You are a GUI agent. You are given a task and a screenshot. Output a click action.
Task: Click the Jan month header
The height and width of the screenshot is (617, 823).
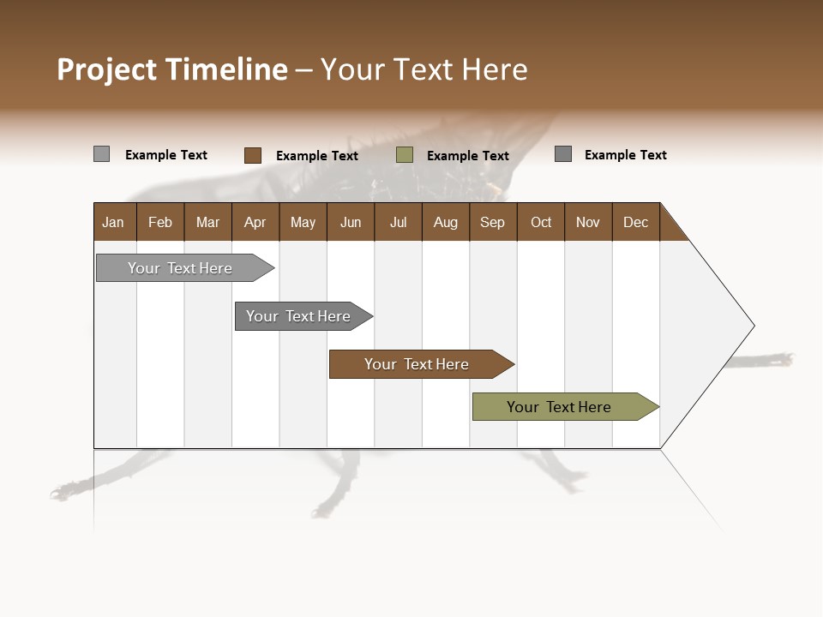point(113,222)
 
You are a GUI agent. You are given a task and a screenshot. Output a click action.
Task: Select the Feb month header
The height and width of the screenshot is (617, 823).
point(160,222)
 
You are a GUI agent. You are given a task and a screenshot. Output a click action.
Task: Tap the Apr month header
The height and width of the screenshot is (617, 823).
point(255,222)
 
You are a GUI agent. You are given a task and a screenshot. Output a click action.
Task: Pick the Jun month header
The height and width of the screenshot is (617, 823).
point(351,222)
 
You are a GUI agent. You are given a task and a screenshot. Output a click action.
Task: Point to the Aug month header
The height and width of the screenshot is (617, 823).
point(445,222)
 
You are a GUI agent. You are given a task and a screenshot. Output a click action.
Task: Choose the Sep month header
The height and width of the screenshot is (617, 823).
point(492,222)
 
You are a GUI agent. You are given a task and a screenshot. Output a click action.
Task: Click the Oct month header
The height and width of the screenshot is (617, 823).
point(541,222)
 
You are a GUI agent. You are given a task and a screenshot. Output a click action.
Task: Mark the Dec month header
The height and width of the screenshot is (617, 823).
point(635,222)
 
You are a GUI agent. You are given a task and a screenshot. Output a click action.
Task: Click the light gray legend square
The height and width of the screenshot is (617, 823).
point(102,154)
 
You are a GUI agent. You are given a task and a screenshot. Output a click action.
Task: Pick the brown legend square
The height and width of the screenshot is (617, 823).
point(253,155)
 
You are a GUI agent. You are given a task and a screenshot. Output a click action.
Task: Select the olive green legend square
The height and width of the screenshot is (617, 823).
point(405,155)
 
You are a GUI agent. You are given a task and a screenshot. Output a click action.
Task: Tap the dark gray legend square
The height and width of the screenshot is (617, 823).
point(563,154)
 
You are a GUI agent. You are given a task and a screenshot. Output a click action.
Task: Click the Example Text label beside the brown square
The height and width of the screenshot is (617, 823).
point(317,156)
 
